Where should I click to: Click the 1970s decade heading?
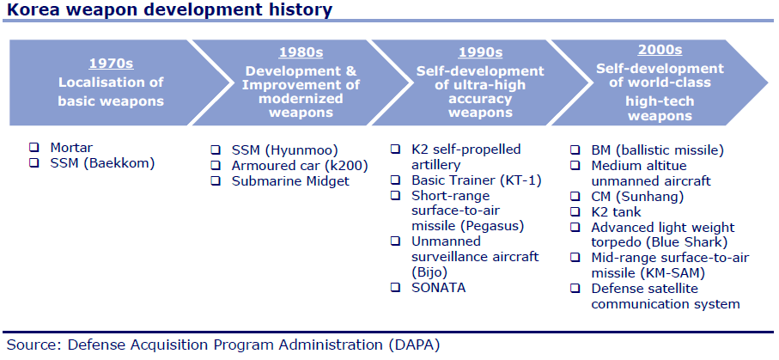point(112,64)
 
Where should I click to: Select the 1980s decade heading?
point(301,52)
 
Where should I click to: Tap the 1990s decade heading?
point(480,52)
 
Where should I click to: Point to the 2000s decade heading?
point(660,50)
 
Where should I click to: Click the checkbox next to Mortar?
point(34,148)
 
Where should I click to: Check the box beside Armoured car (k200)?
point(216,165)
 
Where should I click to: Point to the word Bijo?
point(429,272)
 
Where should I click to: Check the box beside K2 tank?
point(575,212)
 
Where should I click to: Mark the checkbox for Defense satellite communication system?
point(575,288)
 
